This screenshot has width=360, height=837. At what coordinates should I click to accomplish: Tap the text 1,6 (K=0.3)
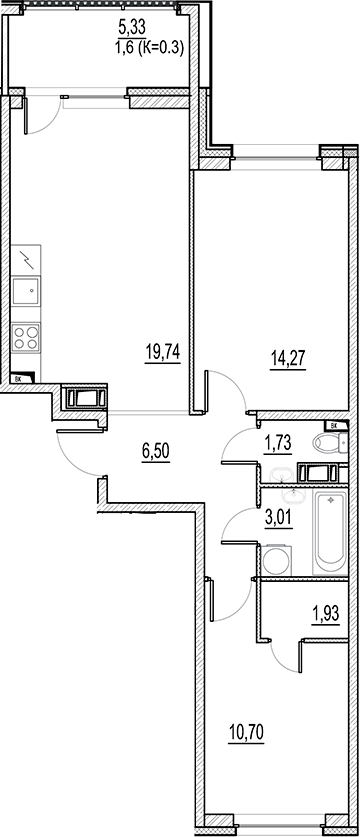click(x=149, y=44)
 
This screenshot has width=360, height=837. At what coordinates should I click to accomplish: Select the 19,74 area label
click(x=160, y=353)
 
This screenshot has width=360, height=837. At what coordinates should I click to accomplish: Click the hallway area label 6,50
click(x=156, y=451)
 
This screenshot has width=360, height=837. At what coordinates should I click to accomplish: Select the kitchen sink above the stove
click(x=27, y=291)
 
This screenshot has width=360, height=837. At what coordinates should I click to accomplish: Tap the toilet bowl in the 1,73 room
click(x=326, y=444)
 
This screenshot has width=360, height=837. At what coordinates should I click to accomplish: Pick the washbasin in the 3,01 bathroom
click(x=296, y=494)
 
